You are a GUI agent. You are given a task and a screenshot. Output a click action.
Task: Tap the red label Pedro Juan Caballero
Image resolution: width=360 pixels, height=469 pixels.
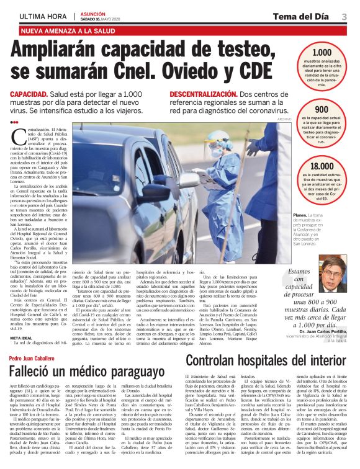31,359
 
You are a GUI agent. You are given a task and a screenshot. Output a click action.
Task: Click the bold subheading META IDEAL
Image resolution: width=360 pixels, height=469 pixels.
22,337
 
